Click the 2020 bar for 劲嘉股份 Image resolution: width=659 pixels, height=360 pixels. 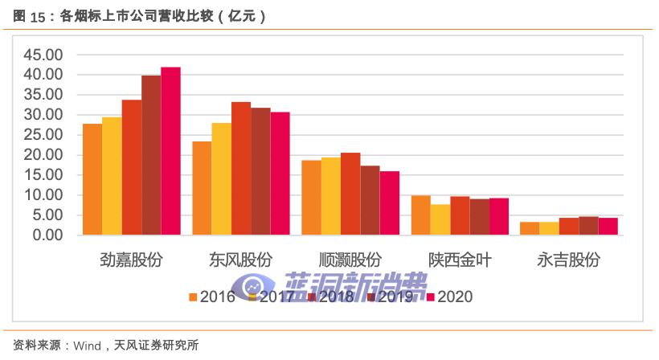click(x=170, y=151)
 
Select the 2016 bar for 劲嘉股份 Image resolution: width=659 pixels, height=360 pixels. click(x=92, y=179)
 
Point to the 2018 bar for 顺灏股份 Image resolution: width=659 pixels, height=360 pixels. click(x=350, y=194)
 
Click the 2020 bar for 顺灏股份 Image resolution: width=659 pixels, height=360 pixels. click(x=389, y=203)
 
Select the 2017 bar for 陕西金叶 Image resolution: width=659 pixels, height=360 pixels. click(x=440, y=219)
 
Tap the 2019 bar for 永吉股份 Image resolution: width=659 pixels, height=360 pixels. click(x=588, y=226)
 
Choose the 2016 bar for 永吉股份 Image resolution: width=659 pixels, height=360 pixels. click(x=530, y=228)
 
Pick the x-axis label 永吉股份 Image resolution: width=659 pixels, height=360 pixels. click(x=569, y=260)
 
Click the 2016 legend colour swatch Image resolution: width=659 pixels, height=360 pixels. click(x=193, y=297)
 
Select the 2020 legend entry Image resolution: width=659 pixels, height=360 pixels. click(x=448, y=297)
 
